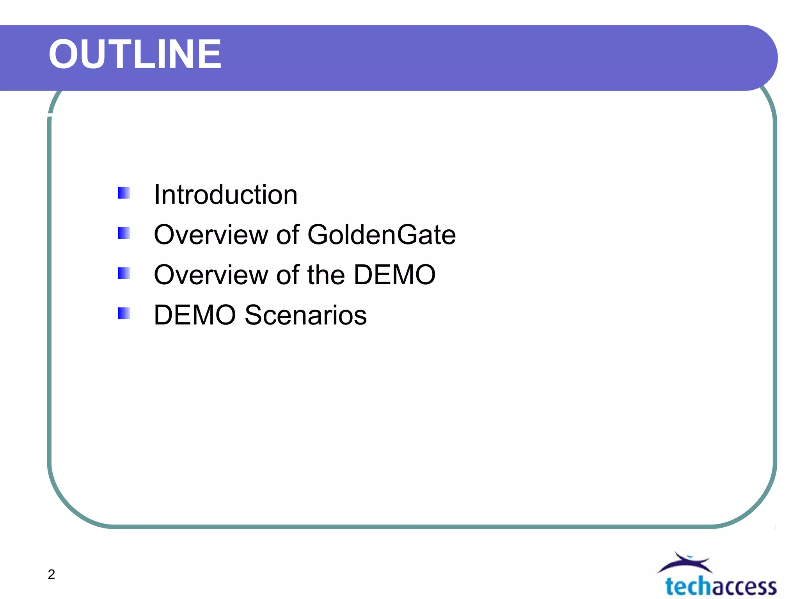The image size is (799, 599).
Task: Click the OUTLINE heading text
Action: (x=135, y=55)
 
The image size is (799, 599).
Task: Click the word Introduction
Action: (x=225, y=195)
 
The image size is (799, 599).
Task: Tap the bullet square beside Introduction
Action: (x=124, y=193)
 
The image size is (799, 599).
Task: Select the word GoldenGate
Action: (x=382, y=235)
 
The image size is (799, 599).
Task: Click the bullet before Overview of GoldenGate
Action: (x=124, y=233)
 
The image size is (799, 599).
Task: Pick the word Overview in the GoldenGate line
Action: (x=211, y=235)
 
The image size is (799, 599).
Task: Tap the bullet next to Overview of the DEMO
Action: (x=124, y=273)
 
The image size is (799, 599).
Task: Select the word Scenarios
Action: (x=305, y=315)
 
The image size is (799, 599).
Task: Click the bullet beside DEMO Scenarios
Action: (x=124, y=314)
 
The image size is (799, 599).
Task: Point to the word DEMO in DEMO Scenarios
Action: (x=195, y=315)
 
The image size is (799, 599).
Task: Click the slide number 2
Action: (x=51, y=574)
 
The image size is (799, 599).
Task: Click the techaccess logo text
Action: (x=721, y=587)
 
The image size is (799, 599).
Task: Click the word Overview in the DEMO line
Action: (x=211, y=275)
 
